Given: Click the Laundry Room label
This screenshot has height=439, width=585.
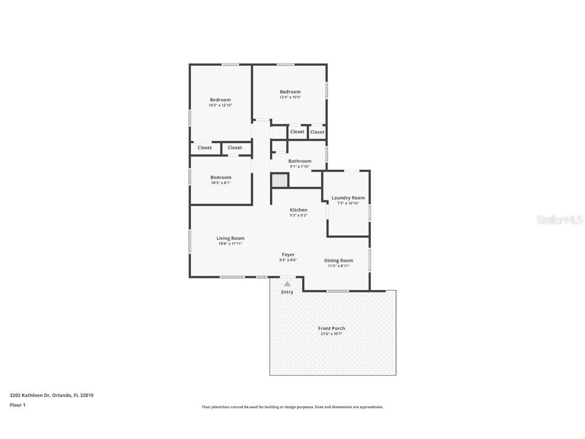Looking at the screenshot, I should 348,198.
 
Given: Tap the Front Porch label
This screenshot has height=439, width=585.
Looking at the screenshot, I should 332,328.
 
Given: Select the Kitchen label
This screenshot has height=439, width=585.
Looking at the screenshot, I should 298,210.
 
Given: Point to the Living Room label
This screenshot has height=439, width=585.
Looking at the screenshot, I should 230,238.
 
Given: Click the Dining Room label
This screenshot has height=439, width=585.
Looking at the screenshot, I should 338,261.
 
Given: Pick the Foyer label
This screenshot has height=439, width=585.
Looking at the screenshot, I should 288,255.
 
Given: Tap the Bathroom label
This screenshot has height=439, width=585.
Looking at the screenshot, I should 300,161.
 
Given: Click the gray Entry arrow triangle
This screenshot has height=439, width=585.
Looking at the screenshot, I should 287,284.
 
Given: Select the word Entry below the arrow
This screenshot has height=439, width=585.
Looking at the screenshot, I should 287,292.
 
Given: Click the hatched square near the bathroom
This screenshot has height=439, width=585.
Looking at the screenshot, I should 279,180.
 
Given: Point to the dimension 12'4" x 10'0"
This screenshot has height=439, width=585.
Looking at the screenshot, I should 290,97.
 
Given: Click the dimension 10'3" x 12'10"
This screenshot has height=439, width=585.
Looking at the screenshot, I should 220,105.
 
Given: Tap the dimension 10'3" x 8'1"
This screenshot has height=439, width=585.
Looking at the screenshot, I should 220,183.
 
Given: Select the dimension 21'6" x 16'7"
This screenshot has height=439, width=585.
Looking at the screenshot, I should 332,334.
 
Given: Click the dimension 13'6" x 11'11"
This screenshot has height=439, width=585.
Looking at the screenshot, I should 230,244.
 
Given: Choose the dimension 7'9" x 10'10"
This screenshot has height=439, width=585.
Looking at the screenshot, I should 348,203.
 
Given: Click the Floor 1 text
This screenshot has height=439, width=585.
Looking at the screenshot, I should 17,405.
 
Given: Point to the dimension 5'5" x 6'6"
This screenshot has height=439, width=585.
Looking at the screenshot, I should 288,260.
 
